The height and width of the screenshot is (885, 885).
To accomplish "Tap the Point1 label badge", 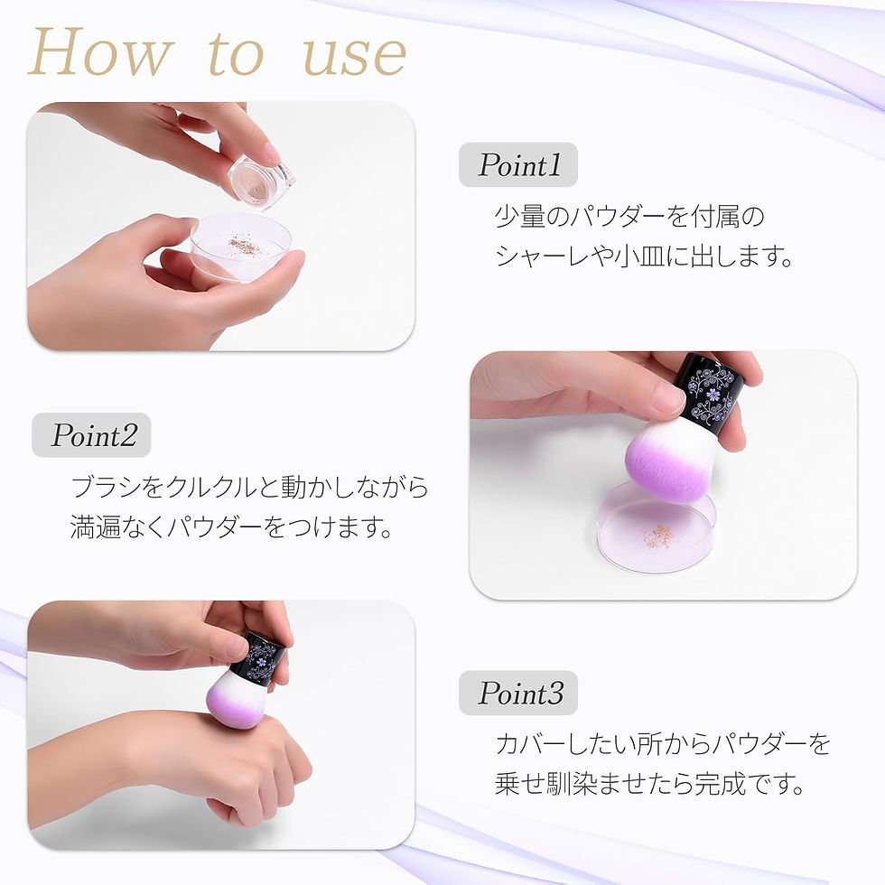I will (x=518, y=165).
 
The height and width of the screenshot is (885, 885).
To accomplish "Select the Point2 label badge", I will (x=92, y=435).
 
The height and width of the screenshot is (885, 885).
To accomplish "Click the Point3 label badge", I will (x=518, y=694).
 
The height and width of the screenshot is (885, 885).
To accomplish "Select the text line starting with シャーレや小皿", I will (x=643, y=256).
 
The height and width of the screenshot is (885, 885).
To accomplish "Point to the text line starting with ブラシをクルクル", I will (x=249, y=488).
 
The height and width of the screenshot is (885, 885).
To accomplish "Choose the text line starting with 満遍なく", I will (x=231, y=527).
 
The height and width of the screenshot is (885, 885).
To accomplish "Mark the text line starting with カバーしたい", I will (x=662, y=744).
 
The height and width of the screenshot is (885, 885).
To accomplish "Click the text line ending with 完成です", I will (x=649, y=783).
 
